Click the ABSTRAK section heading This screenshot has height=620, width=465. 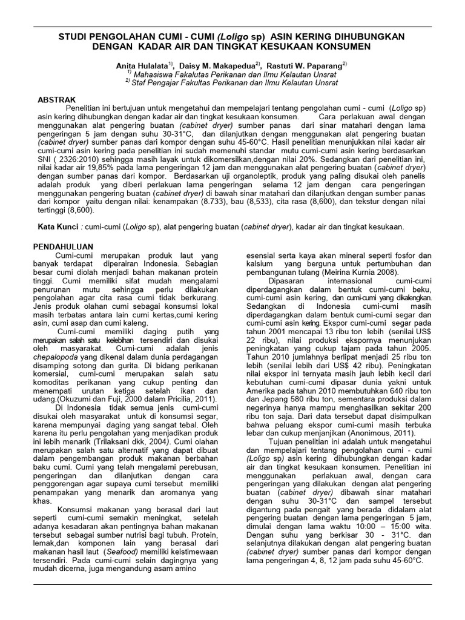click(x=56, y=99)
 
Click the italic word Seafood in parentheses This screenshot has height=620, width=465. click(x=125, y=536)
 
